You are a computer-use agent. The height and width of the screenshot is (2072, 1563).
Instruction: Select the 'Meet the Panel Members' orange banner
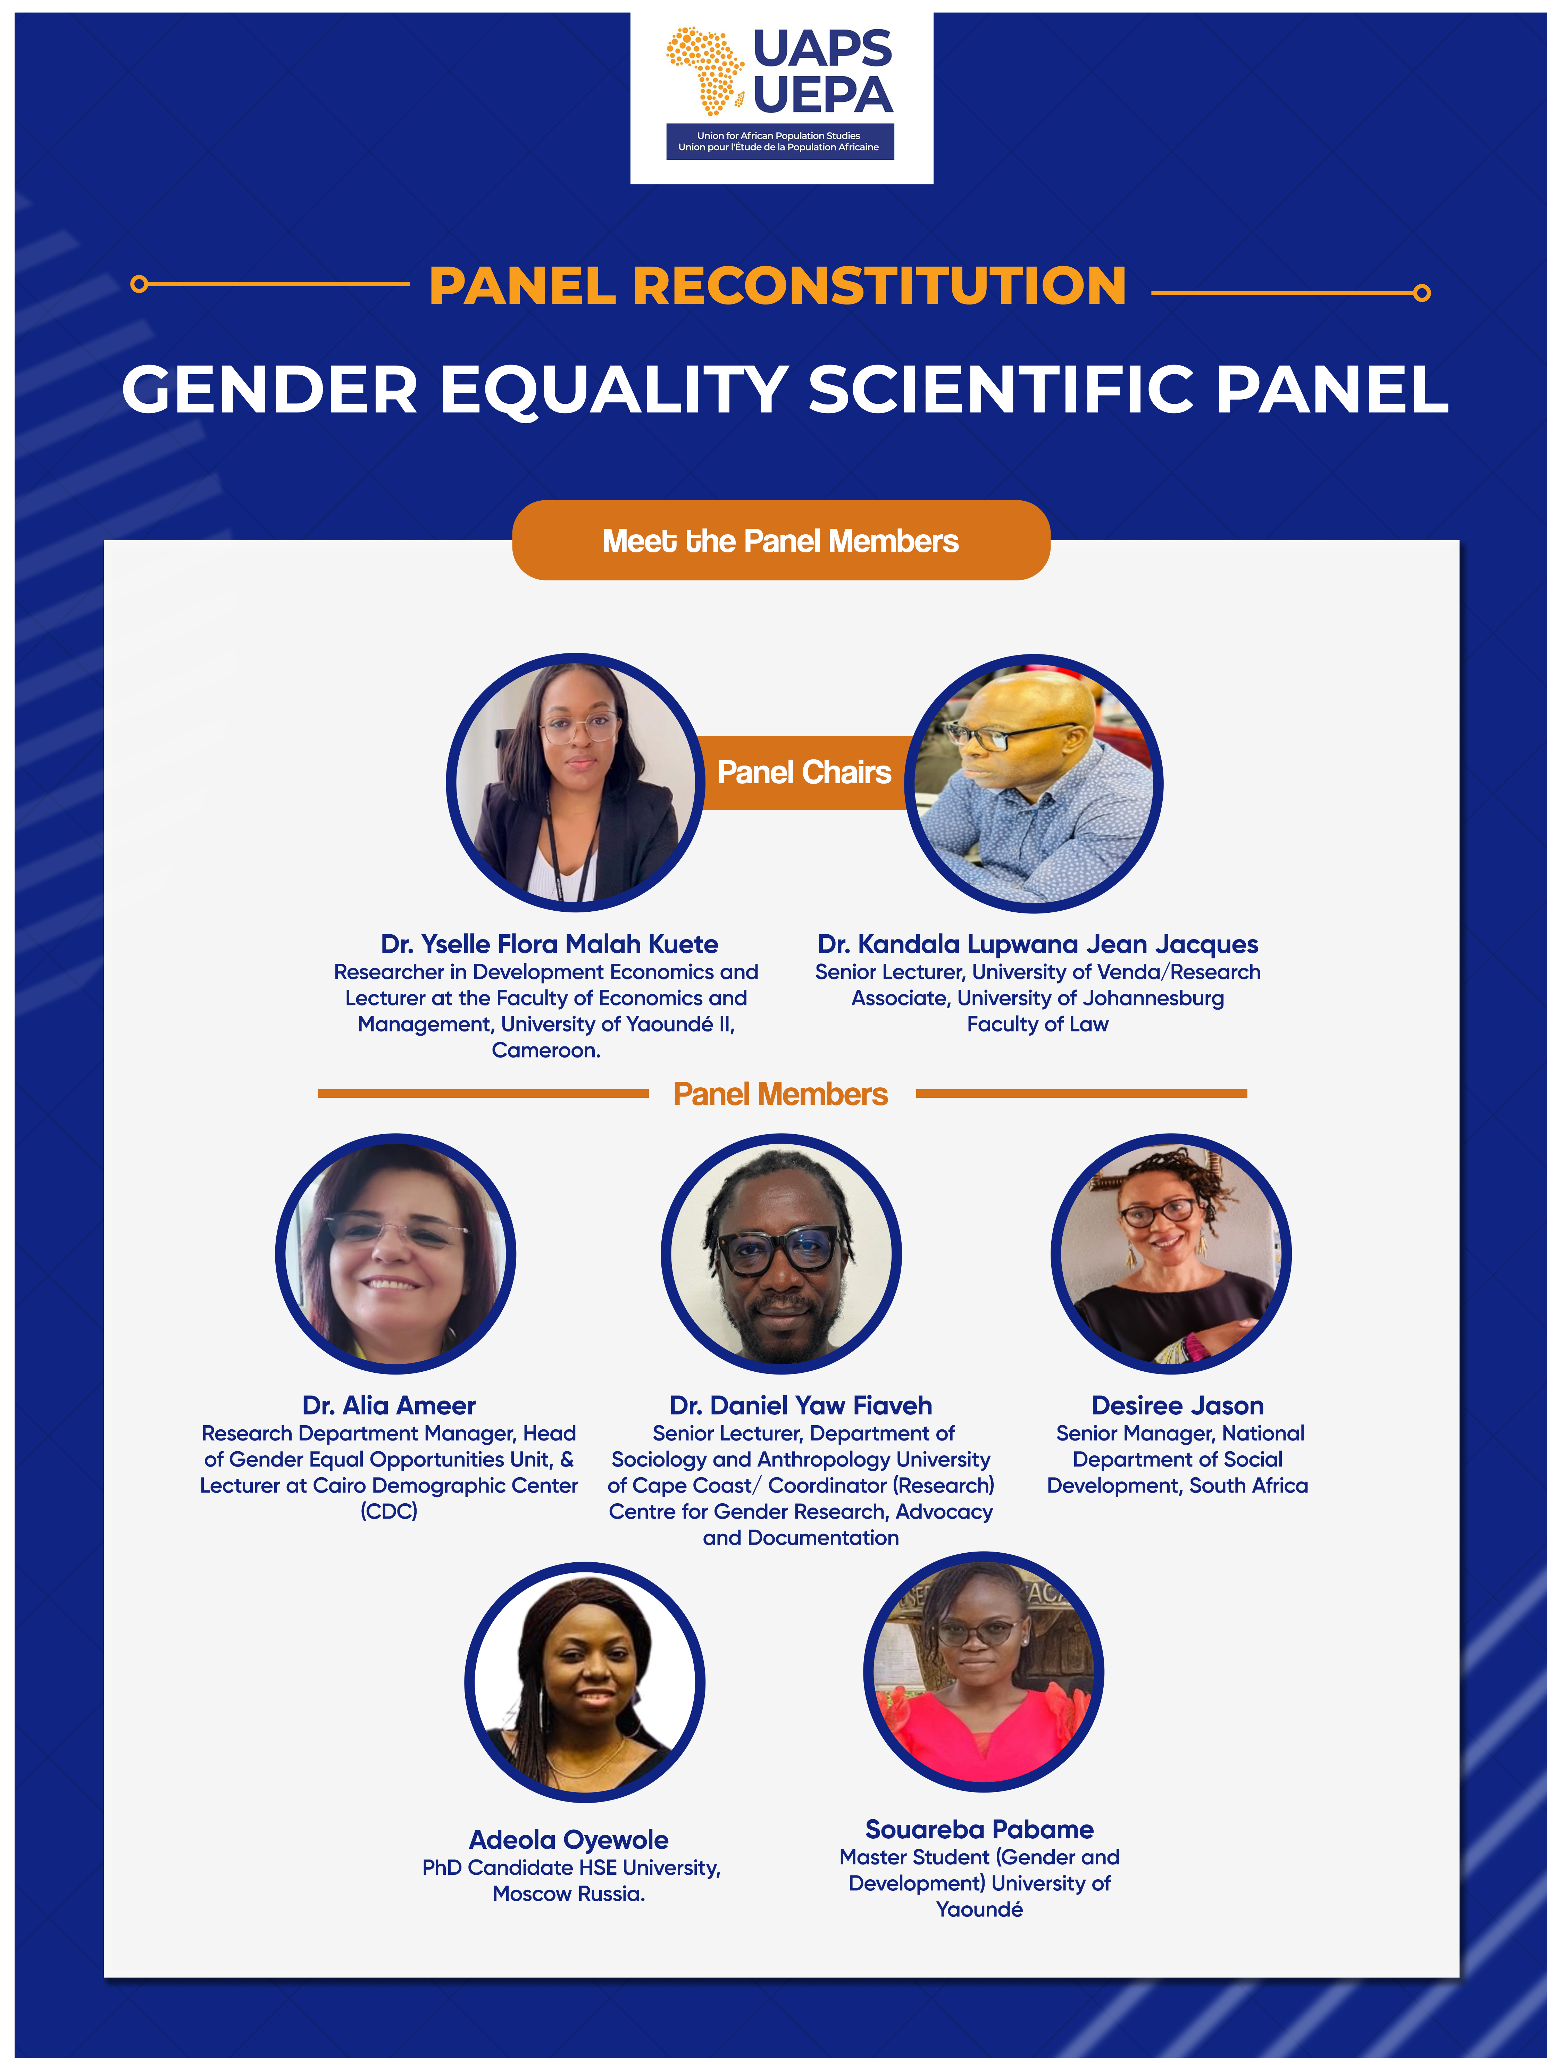781,541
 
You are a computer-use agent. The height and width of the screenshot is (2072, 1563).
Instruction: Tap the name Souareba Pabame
980,1829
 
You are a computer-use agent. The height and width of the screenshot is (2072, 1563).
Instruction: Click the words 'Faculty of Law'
1038,1024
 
